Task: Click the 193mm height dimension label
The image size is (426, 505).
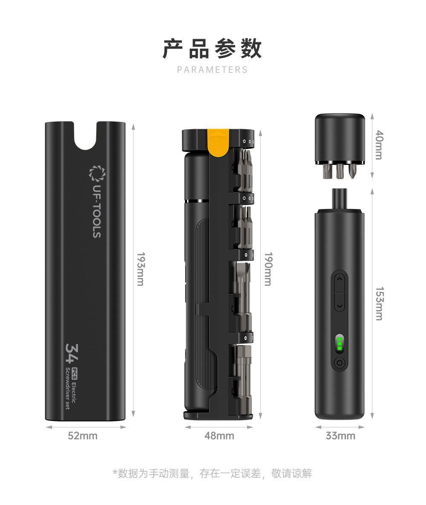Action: coord(141,269)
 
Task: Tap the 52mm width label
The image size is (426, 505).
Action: coord(83,436)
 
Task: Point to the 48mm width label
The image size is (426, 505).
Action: coord(219,436)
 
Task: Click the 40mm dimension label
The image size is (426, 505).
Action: coord(380,145)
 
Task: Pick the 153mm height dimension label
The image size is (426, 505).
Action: coord(380,303)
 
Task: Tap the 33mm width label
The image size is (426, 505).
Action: coord(340,436)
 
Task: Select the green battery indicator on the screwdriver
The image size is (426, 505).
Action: coord(340,344)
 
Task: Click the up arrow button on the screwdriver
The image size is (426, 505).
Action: coord(340,280)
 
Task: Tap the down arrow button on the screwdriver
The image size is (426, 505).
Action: coord(340,305)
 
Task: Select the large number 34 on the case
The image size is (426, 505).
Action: coord(72,353)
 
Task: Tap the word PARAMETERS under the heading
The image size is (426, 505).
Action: coord(212,70)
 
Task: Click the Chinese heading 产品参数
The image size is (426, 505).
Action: coord(212,49)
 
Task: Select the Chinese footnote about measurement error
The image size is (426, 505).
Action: coord(212,473)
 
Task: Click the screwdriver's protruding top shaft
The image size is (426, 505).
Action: coord(340,200)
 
